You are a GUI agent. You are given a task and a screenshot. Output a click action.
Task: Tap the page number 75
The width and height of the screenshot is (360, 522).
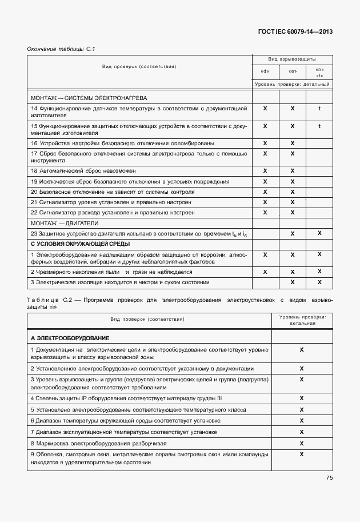(x=329, y=478)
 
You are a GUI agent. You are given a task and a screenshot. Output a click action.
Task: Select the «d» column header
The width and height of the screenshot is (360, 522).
(x=265, y=72)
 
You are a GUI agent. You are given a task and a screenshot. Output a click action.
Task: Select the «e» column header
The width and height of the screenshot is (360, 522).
(x=292, y=72)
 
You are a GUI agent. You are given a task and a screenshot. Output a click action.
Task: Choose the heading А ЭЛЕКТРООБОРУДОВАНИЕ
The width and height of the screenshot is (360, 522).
(x=70, y=338)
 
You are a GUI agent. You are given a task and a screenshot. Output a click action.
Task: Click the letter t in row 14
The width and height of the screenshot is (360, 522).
(x=319, y=107)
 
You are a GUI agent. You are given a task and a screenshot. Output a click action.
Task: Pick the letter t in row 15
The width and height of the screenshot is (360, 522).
(x=319, y=126)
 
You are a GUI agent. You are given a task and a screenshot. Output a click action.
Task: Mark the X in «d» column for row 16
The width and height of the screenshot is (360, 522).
(x=265, y=143)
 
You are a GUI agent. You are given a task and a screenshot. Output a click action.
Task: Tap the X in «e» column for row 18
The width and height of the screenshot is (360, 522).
(x=292, y=170)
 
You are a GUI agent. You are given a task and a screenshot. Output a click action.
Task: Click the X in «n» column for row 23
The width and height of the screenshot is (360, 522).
(x=319, y=233)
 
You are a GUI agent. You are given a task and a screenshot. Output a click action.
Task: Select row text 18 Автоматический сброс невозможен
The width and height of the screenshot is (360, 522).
(x=83, y=171)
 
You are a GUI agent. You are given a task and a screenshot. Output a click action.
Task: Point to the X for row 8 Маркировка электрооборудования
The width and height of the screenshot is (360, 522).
(x=301, y=443)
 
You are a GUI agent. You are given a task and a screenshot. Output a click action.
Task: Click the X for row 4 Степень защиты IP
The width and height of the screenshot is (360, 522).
(x=301, y=397)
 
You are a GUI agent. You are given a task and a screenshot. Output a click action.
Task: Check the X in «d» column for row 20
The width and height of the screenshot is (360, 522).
(x=265, y=192)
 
